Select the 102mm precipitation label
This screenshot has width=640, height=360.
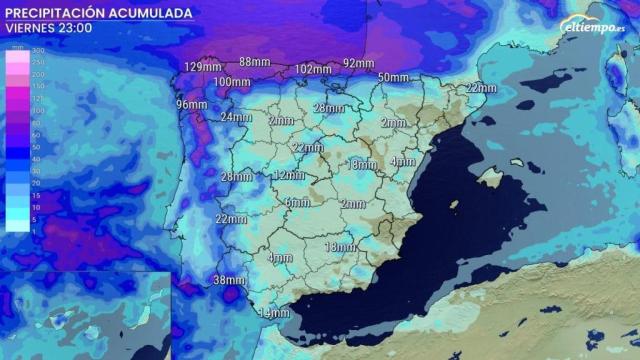coord(314,69)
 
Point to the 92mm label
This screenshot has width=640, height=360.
coord(357,63)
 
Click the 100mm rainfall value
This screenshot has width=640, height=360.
coord(231,82)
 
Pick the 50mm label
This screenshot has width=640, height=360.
coord(393,78)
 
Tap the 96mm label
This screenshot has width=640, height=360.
coord(191,105)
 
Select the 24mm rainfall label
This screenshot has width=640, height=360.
coord(235,117)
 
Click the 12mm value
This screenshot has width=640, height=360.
coord(289,175)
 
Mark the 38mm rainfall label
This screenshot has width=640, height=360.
coord(229,280)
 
